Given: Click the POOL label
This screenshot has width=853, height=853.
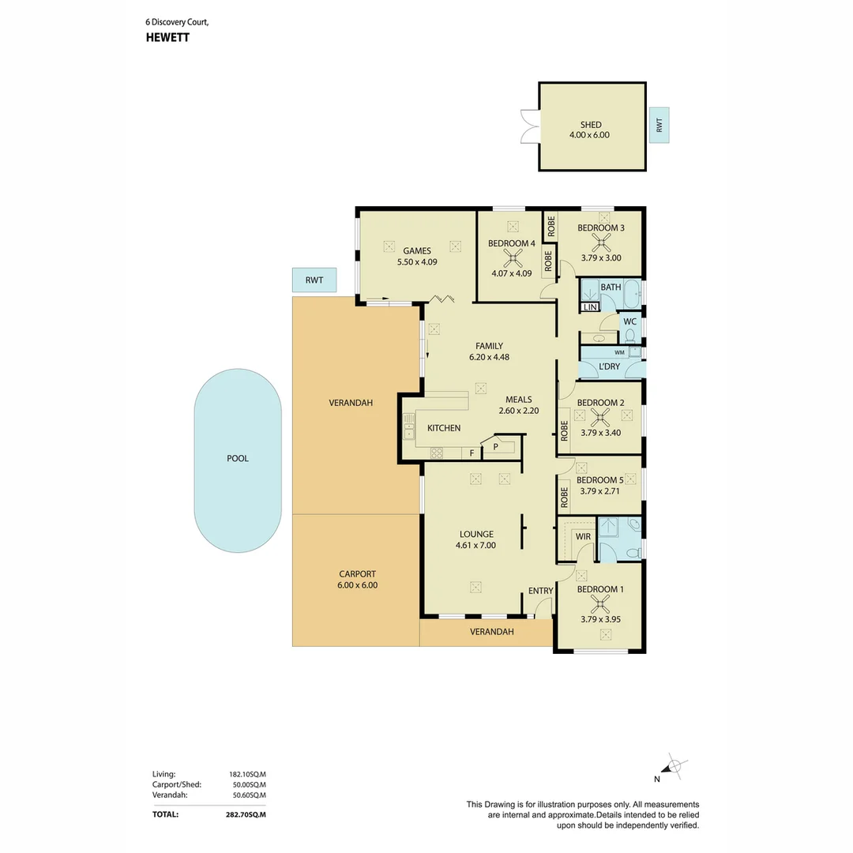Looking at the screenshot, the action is [238, 459].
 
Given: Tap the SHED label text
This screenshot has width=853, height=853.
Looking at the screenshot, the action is [591, 125].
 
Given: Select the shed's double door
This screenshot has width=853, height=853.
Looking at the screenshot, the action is [529, 126].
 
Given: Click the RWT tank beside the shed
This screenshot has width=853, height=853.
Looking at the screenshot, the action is [659, 125].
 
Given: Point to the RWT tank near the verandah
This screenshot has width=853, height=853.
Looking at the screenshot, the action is [314, 280].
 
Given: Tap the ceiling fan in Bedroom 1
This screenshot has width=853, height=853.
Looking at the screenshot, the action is [600, 603].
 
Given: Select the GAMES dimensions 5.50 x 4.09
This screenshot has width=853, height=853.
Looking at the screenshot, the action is [417, 261].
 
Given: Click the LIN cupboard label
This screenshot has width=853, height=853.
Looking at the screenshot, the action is [590, 307].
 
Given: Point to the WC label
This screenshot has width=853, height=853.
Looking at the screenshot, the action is [630, 321].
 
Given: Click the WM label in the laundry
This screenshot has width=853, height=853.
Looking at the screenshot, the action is [619, 352].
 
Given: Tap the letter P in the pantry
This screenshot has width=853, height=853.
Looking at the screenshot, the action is [495, 446].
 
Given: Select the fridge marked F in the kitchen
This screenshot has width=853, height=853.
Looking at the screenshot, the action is [472, 453].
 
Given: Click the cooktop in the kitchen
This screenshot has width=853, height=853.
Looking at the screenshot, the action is [437, 453].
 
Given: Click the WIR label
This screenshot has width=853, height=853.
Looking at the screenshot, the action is [583, 536].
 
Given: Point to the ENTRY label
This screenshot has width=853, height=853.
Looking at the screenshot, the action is [541, 591].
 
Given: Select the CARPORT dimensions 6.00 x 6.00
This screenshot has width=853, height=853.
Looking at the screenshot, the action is [358, 585].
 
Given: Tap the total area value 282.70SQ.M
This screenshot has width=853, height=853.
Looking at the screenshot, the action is [246, 814].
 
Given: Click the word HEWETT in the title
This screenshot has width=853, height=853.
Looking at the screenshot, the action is [167, 38].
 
